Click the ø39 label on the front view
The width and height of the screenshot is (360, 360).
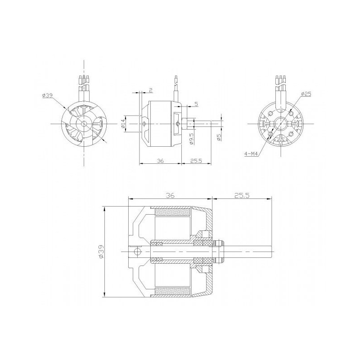[x=48, y=95]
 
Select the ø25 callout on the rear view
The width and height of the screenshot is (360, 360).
[x=306, y=94]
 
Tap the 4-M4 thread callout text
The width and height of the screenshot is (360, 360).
[x=251, y=153]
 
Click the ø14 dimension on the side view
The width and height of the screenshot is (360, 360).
[x=123, y=123]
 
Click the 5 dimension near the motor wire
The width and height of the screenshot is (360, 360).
[x=196, y=104]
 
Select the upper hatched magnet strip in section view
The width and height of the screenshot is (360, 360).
[x=173, y=211]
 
